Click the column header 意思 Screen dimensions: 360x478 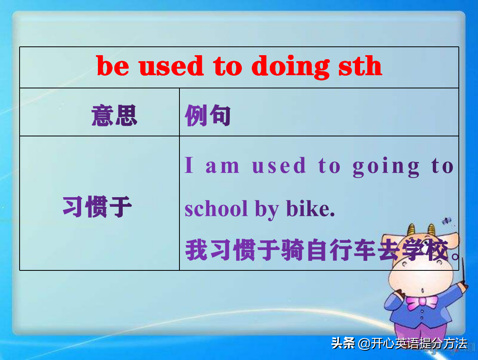click(114, 116)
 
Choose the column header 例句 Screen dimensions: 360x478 click(208, 116)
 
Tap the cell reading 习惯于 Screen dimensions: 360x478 click(97, 207)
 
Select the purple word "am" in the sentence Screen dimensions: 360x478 click(222, 166)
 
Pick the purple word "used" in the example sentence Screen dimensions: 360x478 click(279, 166)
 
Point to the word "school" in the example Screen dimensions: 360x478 click(216, 209)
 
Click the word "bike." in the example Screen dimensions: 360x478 click(310, 209)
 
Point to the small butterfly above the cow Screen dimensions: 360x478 click(446, 220)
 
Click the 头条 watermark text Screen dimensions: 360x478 click(343, 343)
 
